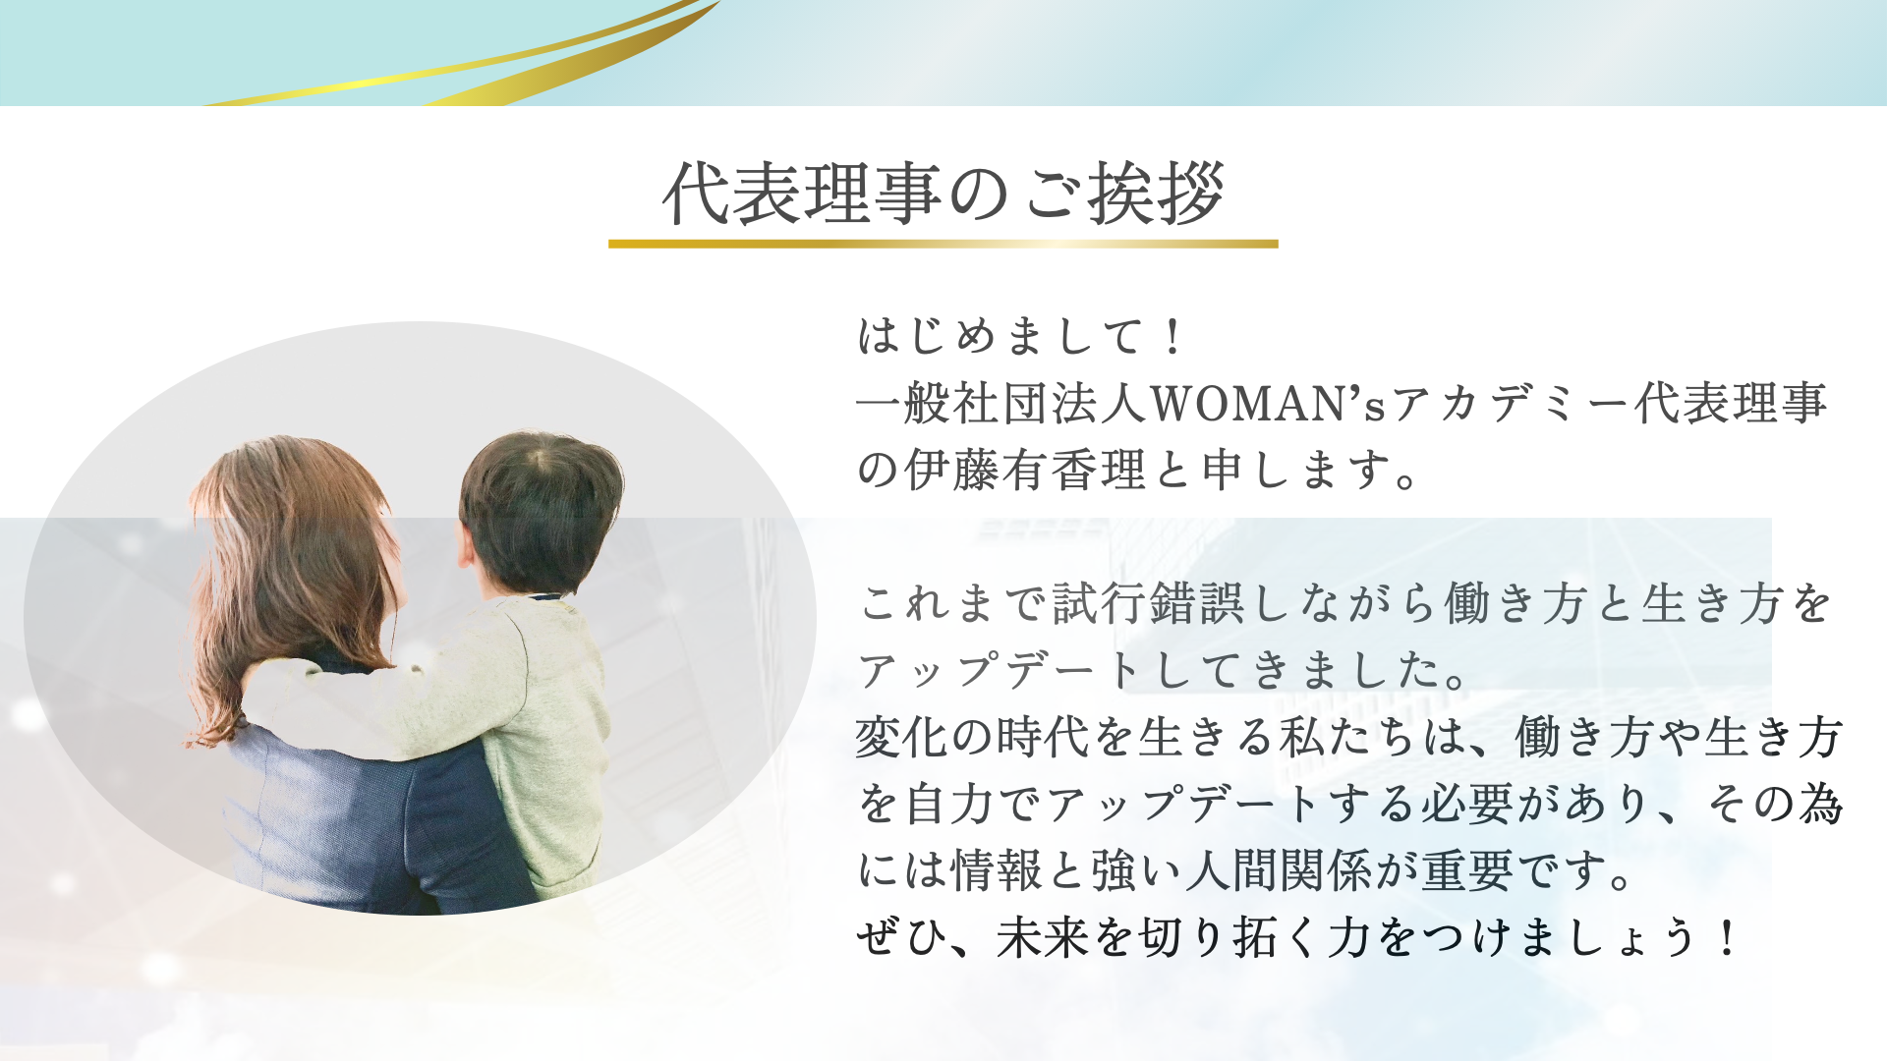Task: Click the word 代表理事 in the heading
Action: tap(802, 193)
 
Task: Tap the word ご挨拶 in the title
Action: tap(1124, 193)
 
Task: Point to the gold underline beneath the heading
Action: tap(943, 244)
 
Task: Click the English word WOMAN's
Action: tap(1268, 404)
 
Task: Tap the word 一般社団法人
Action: tap(1002, 404)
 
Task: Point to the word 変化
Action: tap(902, 736)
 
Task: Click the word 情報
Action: tap(997, 869)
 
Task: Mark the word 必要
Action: tap(1466, 803)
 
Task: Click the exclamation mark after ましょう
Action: tap(1726, 937)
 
